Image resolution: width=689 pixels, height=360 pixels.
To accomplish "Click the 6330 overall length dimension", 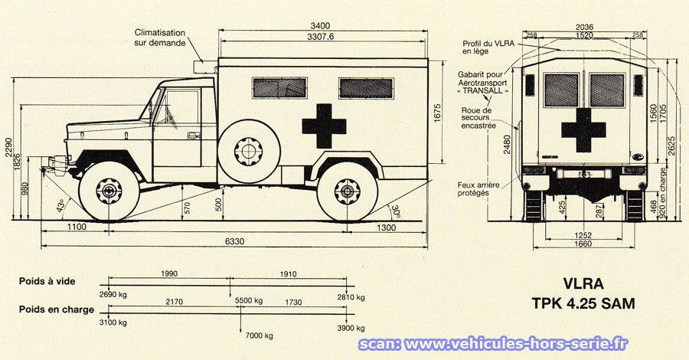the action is [x=235, y=241].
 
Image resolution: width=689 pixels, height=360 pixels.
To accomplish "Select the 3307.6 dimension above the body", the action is [x=320, y=37].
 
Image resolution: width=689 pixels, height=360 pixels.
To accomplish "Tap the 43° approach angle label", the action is [x=60, y=205].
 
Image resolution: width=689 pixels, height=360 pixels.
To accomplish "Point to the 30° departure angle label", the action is [x=395, y=211].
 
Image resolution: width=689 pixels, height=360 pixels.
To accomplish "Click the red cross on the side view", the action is [x=324, y=126].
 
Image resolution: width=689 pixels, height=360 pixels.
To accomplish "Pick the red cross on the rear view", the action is [x=583, y=130].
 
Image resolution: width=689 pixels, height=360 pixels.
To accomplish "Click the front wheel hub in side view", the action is [x=109, y=191].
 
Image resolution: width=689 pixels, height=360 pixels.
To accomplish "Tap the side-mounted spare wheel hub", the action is [x=249, y=151].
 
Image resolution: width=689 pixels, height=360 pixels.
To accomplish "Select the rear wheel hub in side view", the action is [x=347, y=191].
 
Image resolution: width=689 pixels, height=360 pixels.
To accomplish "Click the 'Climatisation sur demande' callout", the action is [x=160, y=38].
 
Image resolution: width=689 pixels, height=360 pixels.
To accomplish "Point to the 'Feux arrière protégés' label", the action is [x=478, y=189].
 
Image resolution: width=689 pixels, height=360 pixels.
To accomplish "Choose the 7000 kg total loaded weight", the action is [x=260, y=335].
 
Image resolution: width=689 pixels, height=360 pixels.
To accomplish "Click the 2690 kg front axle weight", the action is [x=113, y=294].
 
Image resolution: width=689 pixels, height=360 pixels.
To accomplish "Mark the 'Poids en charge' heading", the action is [x=56, y=309].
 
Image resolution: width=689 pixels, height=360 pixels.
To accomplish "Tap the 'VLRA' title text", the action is [x=583, y=283].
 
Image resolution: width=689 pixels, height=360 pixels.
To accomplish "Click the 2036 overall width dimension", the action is [x=584, y=28].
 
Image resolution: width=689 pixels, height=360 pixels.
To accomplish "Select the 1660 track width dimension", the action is [x=583, y=244].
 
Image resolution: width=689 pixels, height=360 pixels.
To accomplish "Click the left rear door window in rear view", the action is [x=561, y=90].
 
